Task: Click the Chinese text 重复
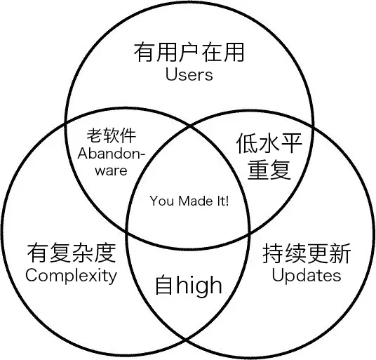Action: [x=269, y=169]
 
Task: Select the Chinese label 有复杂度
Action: [x=71, y=253]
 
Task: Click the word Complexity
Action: [x=71, y=274]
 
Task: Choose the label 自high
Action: [x=188, y=285]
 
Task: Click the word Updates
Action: [x=306, y=274]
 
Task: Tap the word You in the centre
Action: [x=161, y=201]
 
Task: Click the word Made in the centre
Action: [x=190, y=201]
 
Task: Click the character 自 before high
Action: [x=163, y=285]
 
